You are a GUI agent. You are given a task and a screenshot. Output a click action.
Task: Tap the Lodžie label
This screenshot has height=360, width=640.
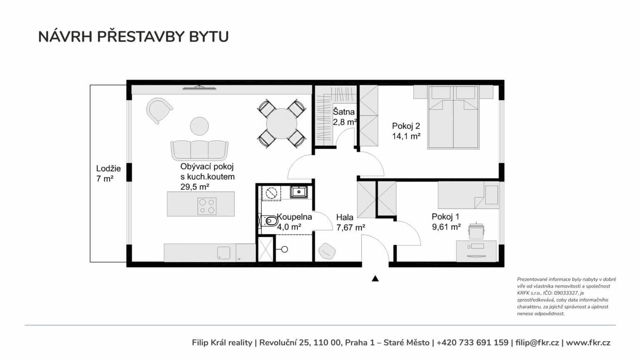108,169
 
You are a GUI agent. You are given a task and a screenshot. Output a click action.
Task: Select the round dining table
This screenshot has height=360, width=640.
281,124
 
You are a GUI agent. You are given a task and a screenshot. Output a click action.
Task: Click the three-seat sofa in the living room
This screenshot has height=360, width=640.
200,150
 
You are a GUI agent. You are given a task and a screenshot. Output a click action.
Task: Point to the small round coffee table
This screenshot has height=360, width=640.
200,126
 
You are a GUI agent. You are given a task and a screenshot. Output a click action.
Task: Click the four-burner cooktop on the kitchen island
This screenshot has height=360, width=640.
207,206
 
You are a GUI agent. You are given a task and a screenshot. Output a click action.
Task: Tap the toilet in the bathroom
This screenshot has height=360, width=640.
269,221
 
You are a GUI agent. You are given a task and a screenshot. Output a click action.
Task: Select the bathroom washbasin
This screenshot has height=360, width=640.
299,192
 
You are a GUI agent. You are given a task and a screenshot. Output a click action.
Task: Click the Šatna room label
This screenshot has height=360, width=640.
344,112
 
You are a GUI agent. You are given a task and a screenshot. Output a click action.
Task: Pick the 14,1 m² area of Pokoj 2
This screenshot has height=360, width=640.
406,136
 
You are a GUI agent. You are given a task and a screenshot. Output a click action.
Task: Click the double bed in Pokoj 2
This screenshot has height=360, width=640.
453,117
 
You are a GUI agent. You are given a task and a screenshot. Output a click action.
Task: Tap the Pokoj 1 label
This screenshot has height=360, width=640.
445,217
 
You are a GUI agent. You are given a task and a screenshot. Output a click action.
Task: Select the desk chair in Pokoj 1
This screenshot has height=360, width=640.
476,231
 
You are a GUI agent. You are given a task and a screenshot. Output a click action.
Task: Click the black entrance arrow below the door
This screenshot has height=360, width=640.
375,279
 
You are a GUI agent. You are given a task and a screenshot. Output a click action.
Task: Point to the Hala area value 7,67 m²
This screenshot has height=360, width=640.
350,228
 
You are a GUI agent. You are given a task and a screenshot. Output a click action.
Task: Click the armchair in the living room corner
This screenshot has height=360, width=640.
159,110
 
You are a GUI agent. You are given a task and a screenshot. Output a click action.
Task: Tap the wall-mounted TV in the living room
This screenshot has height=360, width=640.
200,87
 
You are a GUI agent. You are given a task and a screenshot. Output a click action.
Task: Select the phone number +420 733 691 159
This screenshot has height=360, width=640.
472,342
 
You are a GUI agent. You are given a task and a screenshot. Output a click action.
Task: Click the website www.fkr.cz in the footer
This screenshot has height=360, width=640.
588,342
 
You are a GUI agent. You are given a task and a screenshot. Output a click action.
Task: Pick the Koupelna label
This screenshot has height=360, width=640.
294,217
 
